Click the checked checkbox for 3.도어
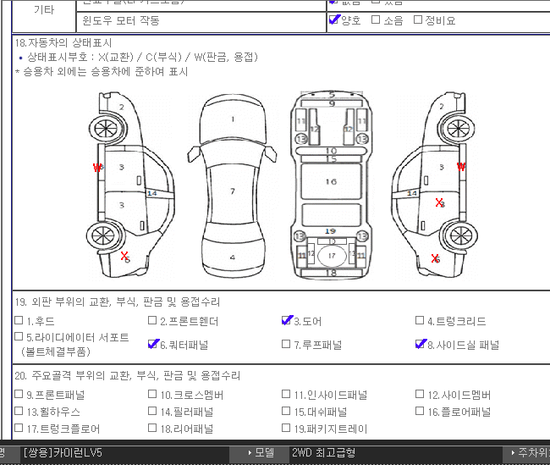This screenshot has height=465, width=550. pos(287,321)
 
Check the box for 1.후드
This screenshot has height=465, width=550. pos(19,321)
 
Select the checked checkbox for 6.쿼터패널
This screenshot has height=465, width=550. pos(152,344)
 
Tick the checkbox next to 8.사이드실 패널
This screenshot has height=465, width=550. pos(421,344)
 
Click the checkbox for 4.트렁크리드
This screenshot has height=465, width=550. pos(421,321)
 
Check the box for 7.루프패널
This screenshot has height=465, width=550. pos(286,345)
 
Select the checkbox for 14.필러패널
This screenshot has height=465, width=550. pos(152,412)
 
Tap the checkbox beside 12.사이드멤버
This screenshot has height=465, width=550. pos(421,395)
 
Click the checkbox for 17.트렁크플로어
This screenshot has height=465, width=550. pos(19,429)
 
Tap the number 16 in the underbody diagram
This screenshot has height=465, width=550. pos(331,181)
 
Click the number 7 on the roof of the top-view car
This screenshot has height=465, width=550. pos(233,191)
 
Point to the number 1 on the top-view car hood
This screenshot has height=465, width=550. pos(233,119)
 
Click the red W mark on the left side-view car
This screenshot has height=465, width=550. pos(97,168)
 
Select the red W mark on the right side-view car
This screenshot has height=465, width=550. pos(461,167)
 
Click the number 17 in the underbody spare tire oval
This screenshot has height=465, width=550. pos(332,255)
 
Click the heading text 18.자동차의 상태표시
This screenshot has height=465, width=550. pos(63,42)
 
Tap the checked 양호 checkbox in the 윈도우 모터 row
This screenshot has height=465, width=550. pos(334,19)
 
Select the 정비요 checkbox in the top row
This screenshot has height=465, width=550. pos(418,19)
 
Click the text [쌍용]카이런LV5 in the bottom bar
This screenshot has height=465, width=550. pos(63,453)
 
